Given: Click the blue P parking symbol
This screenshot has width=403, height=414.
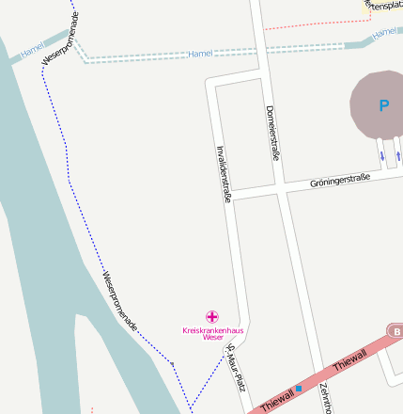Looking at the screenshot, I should point(382,106).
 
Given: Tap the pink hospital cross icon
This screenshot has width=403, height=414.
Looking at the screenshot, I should point(213,317).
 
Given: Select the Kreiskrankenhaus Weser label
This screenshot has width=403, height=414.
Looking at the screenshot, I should point(212,332).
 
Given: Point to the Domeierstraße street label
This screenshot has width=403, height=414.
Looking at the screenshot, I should point(273,133).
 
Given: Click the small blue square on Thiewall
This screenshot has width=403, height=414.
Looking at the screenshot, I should point(299,388).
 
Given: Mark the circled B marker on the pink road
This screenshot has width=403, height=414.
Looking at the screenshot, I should point(396,332).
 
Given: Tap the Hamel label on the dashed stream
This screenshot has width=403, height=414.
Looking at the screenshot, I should point(201,55).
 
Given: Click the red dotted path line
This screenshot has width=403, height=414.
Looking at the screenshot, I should point(310,24).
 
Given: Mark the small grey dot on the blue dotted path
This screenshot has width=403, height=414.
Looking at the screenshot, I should point(172,363).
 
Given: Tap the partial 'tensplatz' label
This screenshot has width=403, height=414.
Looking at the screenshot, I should point(384,7).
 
